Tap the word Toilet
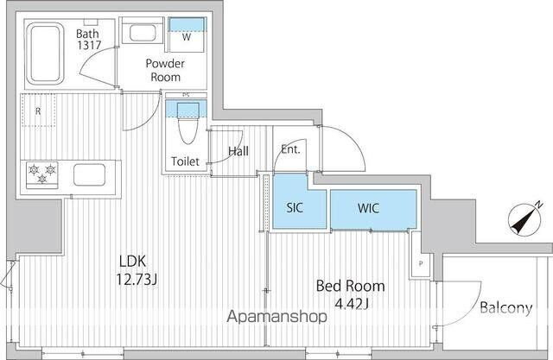(x=185, y=161)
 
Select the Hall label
(x=238, y=152)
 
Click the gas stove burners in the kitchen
(x=42, y=174)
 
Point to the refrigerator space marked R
(x=39, y=111)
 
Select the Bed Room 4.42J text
(x=349, y=294)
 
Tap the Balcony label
(x=505, y=308)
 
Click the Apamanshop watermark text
(x=276, y=317)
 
